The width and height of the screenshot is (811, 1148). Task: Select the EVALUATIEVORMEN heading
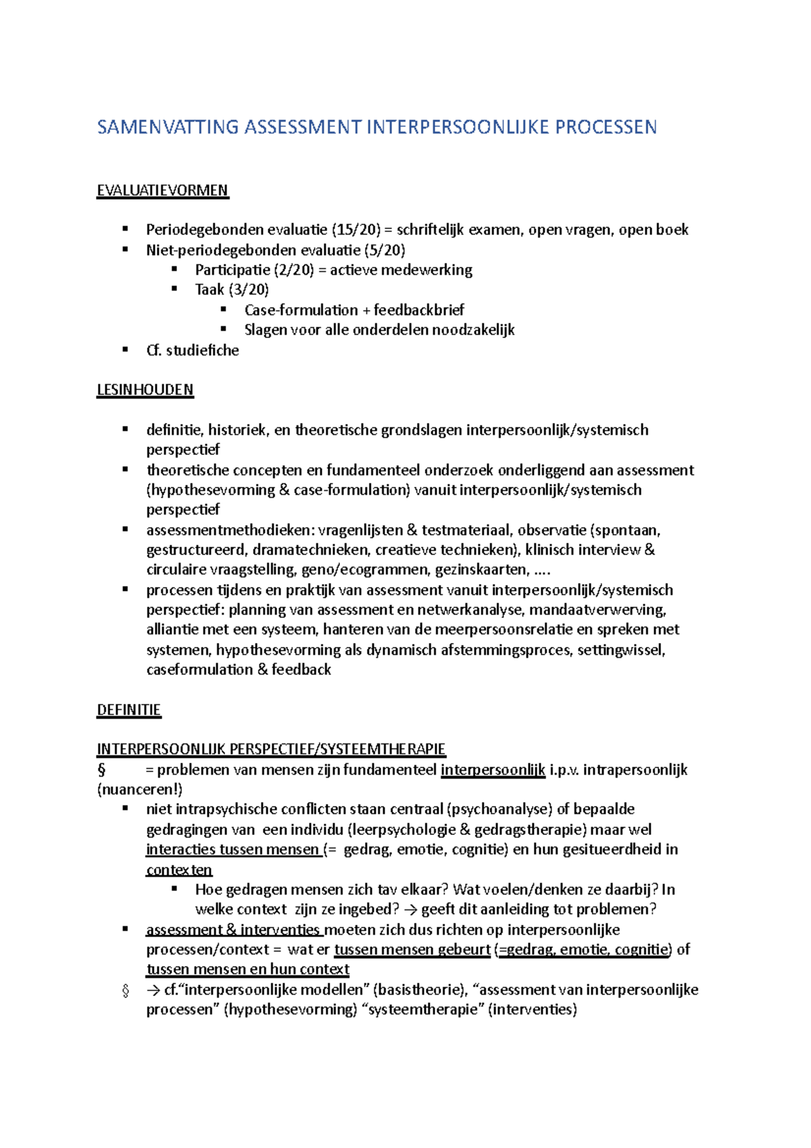(x=162, y=191)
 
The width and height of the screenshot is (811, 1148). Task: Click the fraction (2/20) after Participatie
(x=294, y=270)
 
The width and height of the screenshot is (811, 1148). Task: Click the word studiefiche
(x=202, y=350)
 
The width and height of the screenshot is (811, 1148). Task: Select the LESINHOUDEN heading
(x=145, y=390)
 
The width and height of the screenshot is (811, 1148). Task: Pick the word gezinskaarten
(x=481, y=570)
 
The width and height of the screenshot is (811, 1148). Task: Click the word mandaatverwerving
(x=597, y=610)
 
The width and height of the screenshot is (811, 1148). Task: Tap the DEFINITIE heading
(x=128, y=710)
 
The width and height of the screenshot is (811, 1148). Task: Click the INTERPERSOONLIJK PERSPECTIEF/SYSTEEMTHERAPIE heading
(x=271, y=749)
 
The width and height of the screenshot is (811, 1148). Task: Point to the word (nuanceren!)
(x=140, y=789)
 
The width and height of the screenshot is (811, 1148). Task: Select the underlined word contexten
(x=179, y=869)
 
